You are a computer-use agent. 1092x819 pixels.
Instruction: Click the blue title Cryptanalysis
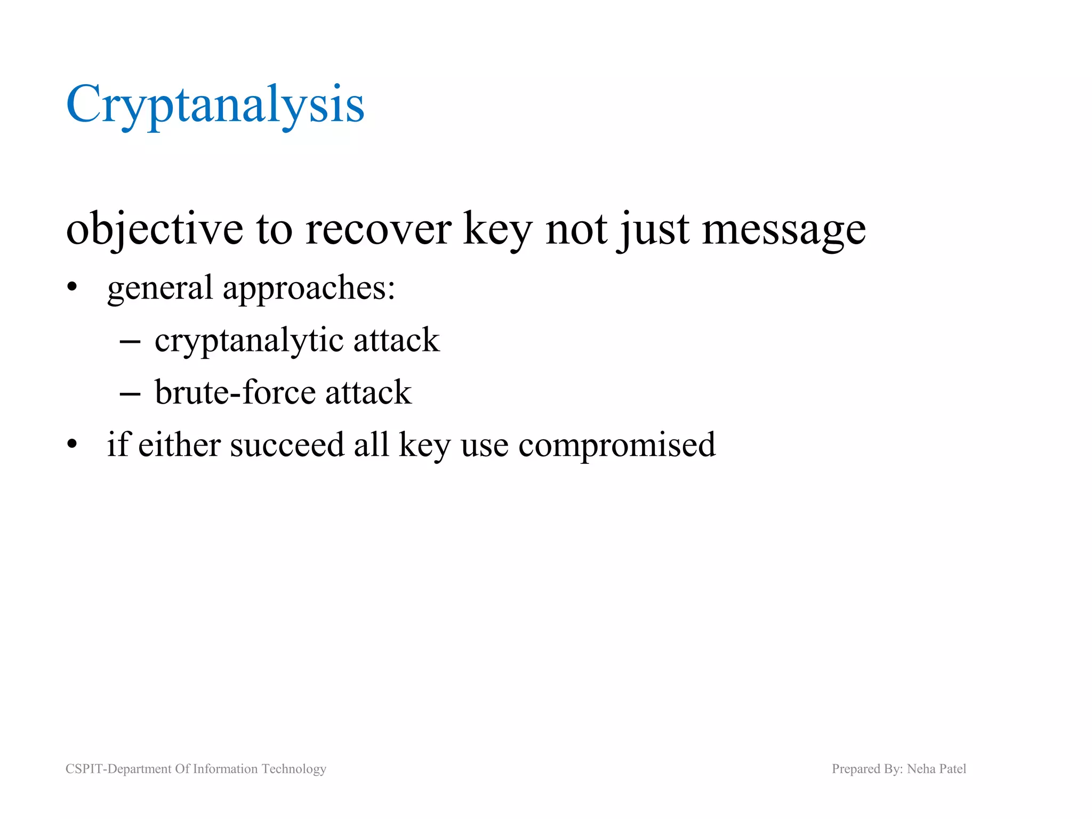coord(215,105)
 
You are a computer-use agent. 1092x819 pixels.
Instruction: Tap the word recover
coord(379,229)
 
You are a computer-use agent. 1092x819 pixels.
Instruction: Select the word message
coord(783,229)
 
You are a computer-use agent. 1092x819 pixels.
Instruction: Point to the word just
coord(653,229)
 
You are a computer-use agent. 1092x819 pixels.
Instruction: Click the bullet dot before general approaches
coord(73,289)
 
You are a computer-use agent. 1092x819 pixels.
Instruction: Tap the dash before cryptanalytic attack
coord(130,341)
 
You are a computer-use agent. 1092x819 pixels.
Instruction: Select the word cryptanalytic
coord(249,341)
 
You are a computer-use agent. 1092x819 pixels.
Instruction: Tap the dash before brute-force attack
coord(130,394)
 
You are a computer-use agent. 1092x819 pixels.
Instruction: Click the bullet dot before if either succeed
coord(73,444)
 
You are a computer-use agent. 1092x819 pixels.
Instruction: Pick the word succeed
coord(287,445)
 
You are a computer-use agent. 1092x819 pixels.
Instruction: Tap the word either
coord(179,445)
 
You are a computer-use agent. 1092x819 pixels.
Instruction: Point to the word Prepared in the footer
coord(856,769)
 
